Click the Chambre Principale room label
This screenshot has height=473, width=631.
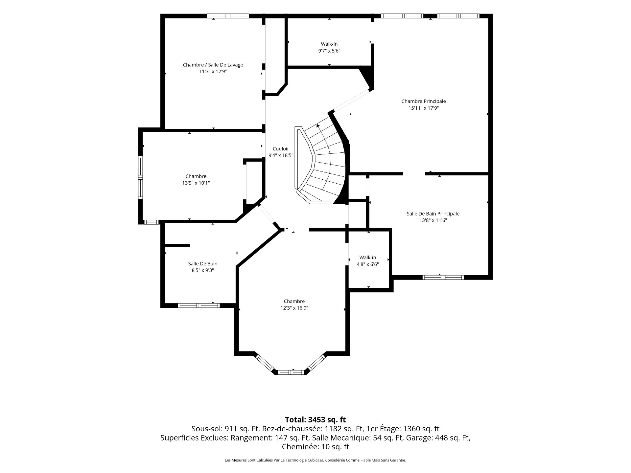(x=424, y=101)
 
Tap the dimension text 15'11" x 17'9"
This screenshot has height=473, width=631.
(x=424, y=108)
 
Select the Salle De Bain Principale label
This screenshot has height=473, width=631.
(x=433, y=214)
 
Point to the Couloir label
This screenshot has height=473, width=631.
(x=281, y=149)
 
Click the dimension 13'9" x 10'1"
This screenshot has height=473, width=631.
(x=196, y=183)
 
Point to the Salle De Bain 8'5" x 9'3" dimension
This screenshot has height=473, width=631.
(x=203, y=270)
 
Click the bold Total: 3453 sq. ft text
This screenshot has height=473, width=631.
(x=315, y=419)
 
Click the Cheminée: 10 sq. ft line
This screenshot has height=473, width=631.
(x=315, y=447)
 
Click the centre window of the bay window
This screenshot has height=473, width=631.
(x=291, y=372)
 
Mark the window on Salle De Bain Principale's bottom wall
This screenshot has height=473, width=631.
(x=443, y=277)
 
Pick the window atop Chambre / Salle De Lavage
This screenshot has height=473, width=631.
(x=228, y=16)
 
